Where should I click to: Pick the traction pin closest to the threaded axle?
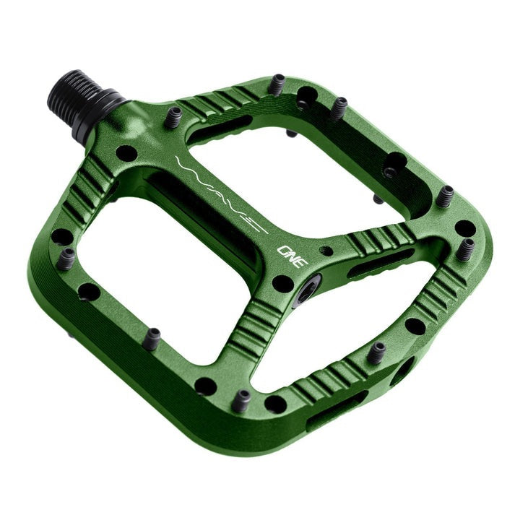(x=173, y=117)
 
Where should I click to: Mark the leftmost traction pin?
(x=66, y=258)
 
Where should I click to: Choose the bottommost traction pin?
(x=241, y=399)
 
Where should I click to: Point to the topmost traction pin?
(x=277, y=84)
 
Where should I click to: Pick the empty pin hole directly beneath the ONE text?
(x=283, y=283)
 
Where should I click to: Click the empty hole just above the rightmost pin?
(x=464, y=228)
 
